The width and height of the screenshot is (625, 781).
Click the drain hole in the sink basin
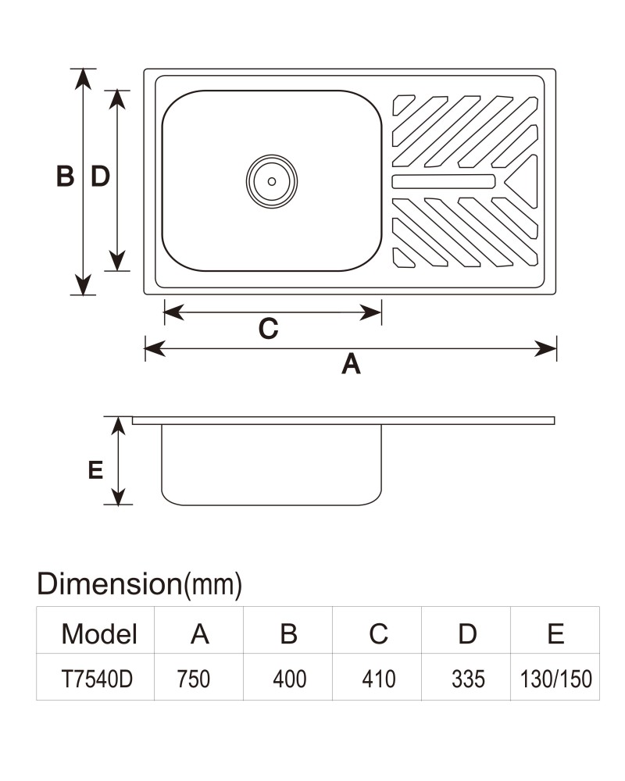tap(272, 181)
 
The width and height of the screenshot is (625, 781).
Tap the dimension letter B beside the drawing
tap(66, 177)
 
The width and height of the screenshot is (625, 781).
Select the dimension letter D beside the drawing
tap(100, 177)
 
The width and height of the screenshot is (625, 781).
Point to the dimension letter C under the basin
tap(268, 329)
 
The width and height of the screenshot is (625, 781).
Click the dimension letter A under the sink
tap(351, 364)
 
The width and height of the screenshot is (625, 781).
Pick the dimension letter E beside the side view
tap(95, 470)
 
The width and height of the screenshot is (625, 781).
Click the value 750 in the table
tap(194, 679)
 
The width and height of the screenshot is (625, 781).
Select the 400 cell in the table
tap(289, 679)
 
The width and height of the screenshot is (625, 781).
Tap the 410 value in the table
tap(378, 679)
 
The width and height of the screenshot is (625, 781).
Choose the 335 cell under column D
tap(468, 679)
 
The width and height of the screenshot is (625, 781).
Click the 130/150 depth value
tap(555, 679)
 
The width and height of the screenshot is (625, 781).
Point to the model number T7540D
tap(97, 679)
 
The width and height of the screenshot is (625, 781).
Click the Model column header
tap(99, 634)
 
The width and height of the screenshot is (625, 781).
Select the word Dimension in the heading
tap(109, 583)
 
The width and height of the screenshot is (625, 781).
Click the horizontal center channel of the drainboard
tap(444, 181)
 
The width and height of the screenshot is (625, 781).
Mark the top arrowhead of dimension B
tap(83, 79)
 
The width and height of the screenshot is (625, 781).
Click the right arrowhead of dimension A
tap(545, 348)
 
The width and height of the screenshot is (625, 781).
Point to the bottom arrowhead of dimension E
tap(118, 496)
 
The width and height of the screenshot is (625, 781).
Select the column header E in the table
tap(555, 634)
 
